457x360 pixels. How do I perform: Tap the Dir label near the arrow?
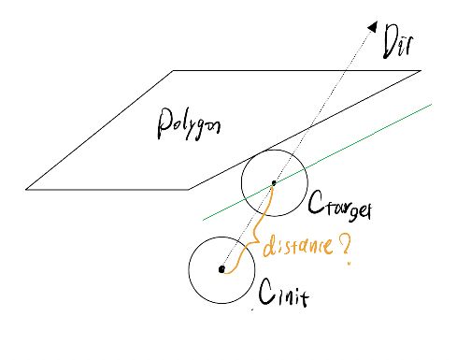(x=397, y=43)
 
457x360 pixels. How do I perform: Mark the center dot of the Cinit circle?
(x=221, y=269)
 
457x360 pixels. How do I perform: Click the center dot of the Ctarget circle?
(x=273, y=183)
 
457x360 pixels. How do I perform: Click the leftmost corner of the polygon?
(x=26, y=189)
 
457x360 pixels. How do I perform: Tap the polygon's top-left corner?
(x=174, y=71)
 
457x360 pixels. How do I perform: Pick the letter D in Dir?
(x=388, y=43)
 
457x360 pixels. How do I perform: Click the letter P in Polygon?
(x=162, y=126)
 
